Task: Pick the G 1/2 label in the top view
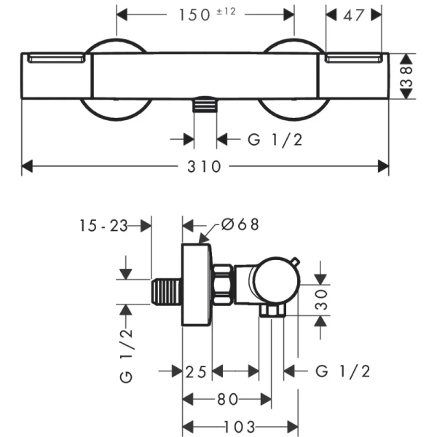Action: pos(275,139)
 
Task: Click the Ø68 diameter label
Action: pos(237,225)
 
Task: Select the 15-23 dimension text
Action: pos(103,226)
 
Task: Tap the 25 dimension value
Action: pos(197,371)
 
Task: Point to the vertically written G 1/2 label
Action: pos(126,355)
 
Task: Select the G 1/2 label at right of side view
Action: pos(343,371)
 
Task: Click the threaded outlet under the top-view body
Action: pos(205,106)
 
